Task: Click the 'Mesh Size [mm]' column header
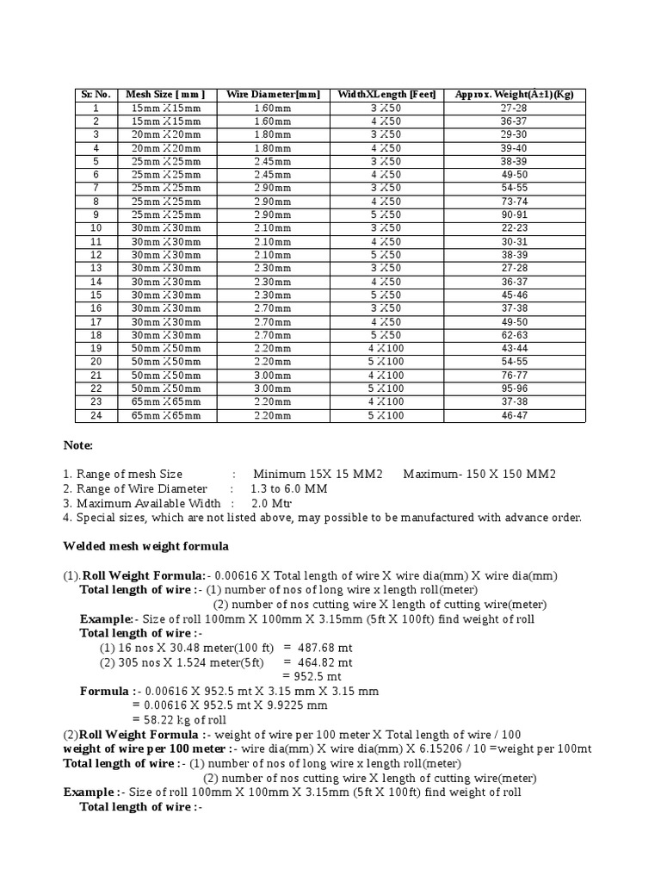coord(165,95)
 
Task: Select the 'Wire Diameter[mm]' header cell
coord(273,95)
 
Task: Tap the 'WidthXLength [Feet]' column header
coord(386,95)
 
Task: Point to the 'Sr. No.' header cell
coord(96,95)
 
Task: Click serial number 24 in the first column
coord(96,415)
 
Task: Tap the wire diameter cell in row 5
coord(273,161)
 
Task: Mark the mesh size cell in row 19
coord(165,348)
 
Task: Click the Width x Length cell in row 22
coord(386,388)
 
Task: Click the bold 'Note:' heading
coord(78,445)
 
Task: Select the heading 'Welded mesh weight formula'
coord(146,546)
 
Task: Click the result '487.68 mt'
coord(324,648)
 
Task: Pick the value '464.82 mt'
coord(324,662)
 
